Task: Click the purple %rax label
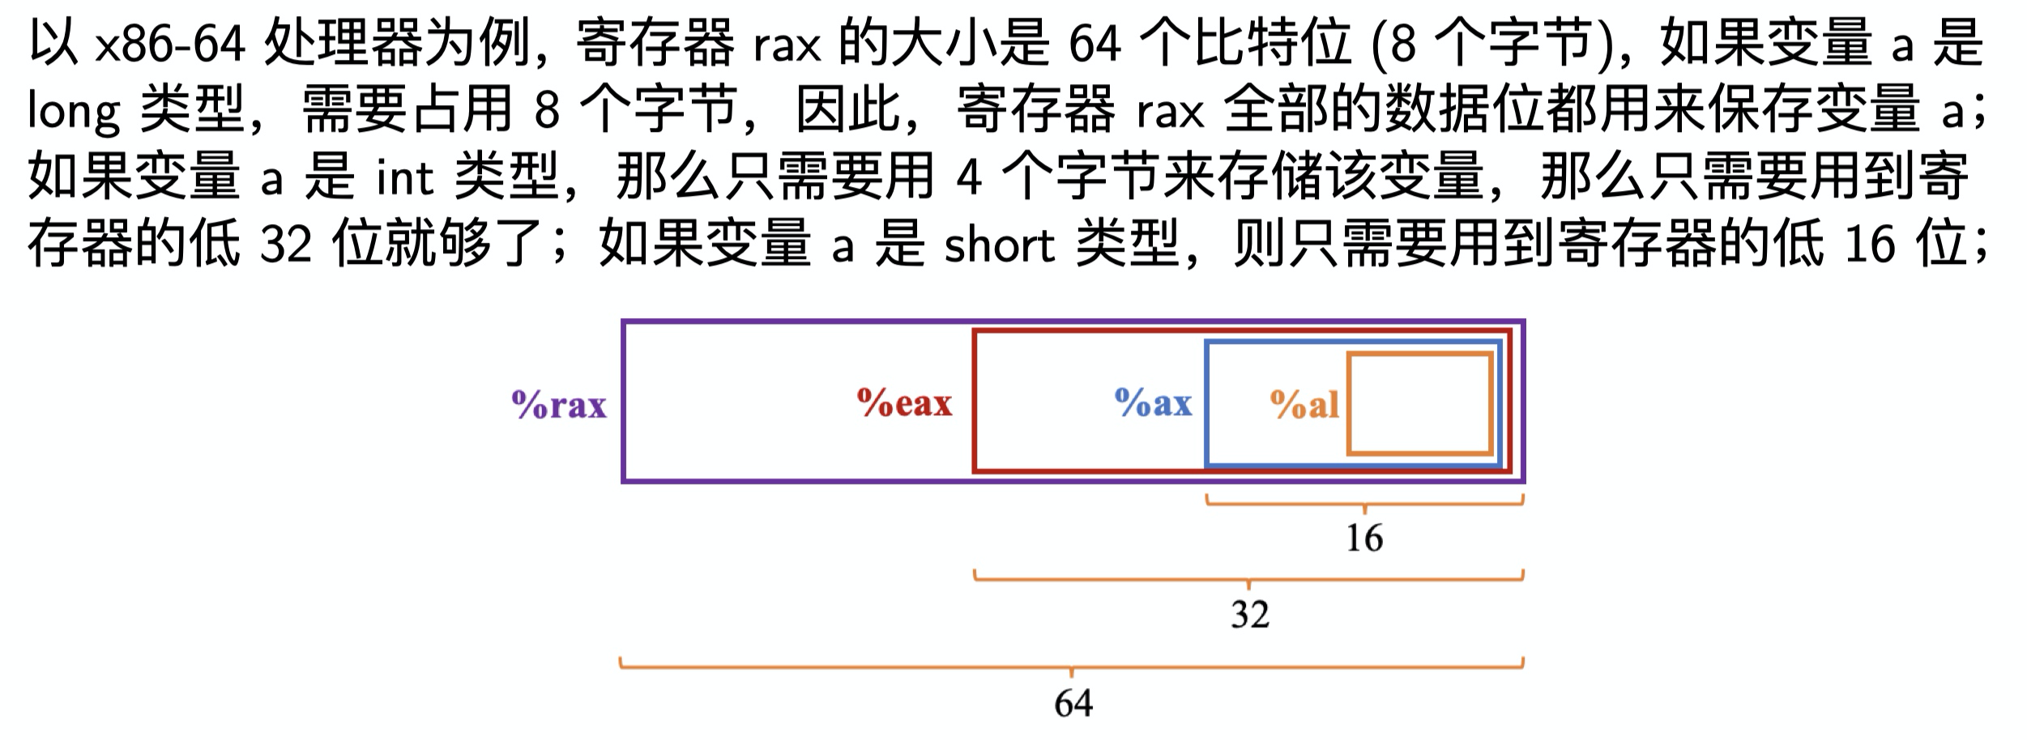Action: point(559,404)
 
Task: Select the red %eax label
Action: point(904,402)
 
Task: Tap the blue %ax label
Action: point(1154,402)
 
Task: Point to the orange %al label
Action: point(1304,404)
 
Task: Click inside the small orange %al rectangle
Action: point(1419,403)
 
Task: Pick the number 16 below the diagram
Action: point(1364,538)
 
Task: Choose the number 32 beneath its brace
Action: point(1249,615)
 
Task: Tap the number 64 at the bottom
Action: point(1073,703)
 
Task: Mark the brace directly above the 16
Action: point(1364,503)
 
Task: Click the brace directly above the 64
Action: point(1071,667)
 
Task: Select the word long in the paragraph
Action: point(74,111)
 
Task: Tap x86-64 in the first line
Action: point(170,45)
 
